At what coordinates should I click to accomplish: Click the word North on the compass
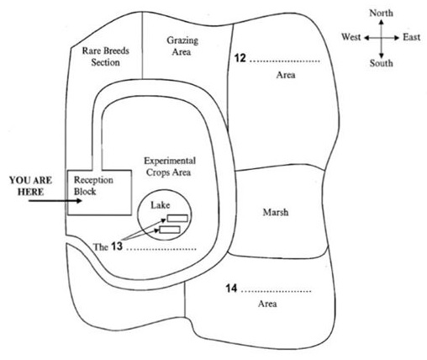click(x=381, y=13)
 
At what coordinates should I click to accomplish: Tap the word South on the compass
click(x=381, y=63)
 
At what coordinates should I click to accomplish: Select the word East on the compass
click(x=412, y=37)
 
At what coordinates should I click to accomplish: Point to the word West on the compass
click(x=351, y=37)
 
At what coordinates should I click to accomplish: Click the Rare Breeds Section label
click(x=106, y=56)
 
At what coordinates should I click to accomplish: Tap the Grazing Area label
click(x=182, y=46)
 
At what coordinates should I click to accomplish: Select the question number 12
click(x=240, y=58)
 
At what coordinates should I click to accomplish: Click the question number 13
click(x=117, y=246)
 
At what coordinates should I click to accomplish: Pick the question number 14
click(x=231, y=289)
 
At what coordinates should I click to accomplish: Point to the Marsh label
click(x=276, y=212)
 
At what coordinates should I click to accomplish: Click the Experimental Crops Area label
click(x=170, y=167)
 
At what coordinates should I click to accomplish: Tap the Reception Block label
click(x=93, y=186)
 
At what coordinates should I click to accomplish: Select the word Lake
click(x=161, y=205)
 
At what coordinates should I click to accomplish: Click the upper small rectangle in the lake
click(x=177, y=218)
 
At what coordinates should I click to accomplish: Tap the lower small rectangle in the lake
click(x=170, y=230)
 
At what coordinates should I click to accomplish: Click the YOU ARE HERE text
click(x=31, y=186)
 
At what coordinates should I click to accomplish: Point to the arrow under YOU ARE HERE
click(x=55, y=201)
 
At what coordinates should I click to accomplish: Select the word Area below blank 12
click(x=286, y=75)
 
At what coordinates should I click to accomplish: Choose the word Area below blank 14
click(x=267, y=304)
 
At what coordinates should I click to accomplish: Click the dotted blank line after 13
click(x=161, y=249)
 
